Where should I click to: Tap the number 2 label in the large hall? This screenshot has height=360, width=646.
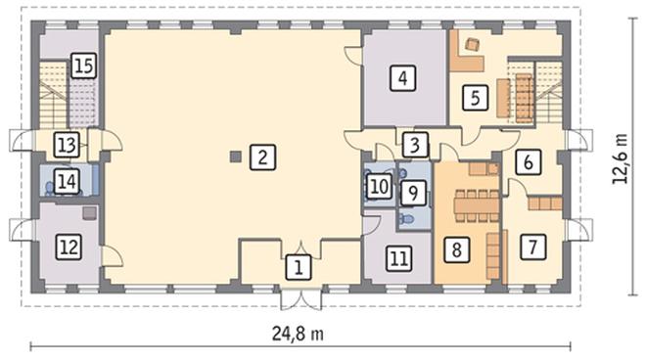coord(262,157)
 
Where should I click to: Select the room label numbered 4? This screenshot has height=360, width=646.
coord(402,78)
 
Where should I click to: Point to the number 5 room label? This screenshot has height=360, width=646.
coord(475,98)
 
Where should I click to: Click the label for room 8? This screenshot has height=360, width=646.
coord(456,249)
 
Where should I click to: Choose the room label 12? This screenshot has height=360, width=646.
coord(69,247)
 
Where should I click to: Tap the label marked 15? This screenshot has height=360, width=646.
coord(83,66)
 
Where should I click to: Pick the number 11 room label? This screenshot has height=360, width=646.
coord(398,258)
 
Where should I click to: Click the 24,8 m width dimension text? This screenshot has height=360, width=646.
coord(298,334)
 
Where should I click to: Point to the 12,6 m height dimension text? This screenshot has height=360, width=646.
coord(620,158)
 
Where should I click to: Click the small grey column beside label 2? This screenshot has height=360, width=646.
coord(235,157)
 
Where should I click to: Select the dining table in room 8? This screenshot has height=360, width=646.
coord(477,205)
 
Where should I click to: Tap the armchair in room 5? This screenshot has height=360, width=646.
coord(472,44)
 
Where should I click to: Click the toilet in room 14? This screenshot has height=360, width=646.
coord(49,188)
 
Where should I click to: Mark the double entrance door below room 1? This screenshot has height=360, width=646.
coord(301,298)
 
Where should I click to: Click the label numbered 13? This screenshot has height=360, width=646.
coord(67,145)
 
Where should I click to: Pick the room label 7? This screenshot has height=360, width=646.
coord(532,247)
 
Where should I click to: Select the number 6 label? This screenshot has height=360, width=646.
coord(528,161)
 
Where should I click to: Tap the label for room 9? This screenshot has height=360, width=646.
coord(413,193)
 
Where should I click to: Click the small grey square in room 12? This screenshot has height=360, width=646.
coord(90,213)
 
